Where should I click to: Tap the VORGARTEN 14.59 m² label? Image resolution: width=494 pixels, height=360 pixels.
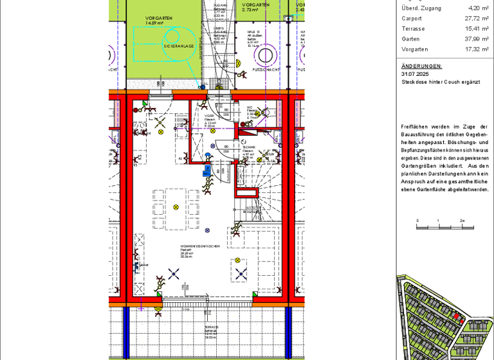coord(154,21)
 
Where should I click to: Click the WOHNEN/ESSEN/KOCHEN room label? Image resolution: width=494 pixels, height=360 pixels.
coord(200,246)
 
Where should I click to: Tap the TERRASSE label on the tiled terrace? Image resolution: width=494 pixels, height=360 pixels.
coord(212,327)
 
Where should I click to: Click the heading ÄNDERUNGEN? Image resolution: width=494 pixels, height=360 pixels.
coord(421,66)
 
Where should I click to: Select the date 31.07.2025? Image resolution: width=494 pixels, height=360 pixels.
coord(414,74)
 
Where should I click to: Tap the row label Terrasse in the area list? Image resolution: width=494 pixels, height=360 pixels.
coord(413,28)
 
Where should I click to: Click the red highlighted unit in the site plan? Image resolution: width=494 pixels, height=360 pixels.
coord(457,316)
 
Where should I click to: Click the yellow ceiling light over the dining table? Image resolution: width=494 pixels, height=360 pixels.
coord(176,207)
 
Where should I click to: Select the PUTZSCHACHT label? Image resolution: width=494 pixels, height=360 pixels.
coord(266,68)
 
